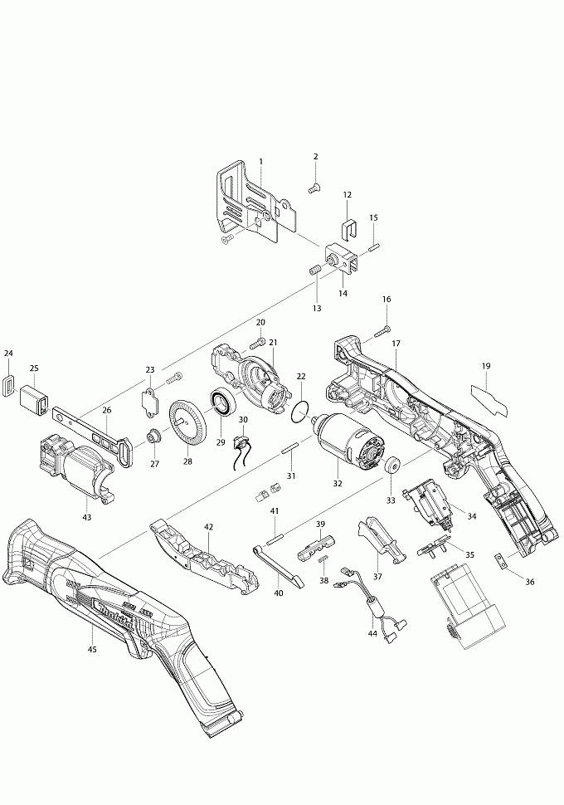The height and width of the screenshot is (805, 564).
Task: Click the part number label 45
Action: click(x=91, y=649)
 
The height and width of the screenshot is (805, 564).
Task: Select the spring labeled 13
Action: click(x=315, y=271)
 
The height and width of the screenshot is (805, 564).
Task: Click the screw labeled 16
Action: click(x=382, y=332)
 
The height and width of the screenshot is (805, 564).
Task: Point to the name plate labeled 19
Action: click(x=491, y=397)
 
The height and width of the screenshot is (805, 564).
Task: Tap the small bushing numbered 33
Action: click(x=389, y=465)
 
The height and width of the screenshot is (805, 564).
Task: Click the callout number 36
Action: click(x=530, y=582)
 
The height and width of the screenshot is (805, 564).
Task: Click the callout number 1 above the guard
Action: click(x=260, y=161)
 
